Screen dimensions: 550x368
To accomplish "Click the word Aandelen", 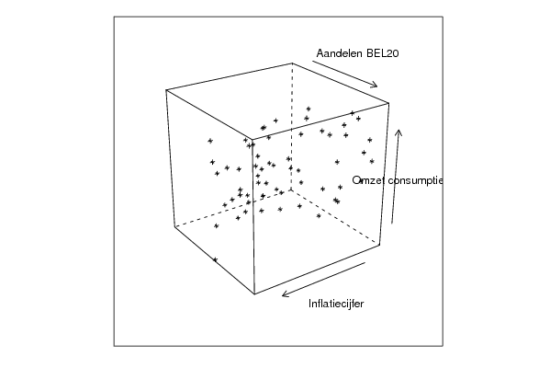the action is pyautogui.click(x=339, y=53).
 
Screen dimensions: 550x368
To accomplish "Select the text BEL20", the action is pyautogui.click(x=382, y=53).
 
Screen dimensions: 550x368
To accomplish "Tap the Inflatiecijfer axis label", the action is pyautogui.click(x=336, y=304).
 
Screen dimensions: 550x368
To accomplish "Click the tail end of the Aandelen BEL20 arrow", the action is pyautogui.click(x=312, y=61).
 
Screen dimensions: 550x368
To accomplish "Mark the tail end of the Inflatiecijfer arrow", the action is pyautogui.click(x=365, y=262).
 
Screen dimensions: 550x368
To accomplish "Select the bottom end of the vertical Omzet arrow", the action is pyautogui.click(x=392, y=224).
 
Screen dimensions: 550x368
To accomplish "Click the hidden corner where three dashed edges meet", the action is pyautogui.click(x=291, y=190).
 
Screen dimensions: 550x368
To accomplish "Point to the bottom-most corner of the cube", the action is pyautogui.click(x=254, y=293).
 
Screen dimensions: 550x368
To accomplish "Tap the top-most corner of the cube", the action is pyautogui.click(x=292, y=63).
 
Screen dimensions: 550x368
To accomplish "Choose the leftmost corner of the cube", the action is pyautogui.click(x=166, y=90).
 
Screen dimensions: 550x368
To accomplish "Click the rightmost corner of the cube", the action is pyautogui.click(x=389, y=103).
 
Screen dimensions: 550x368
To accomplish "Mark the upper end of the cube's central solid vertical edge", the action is pyautogui.click(x=253, y=140).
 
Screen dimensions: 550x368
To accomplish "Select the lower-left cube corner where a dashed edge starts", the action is pyautogui.click(x=174, y=227).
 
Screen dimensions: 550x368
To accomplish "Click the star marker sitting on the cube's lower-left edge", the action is pyautogui.click(x=215, y=260).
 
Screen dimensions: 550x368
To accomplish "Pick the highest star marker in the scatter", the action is pyautogui.click(x=309, y=109).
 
